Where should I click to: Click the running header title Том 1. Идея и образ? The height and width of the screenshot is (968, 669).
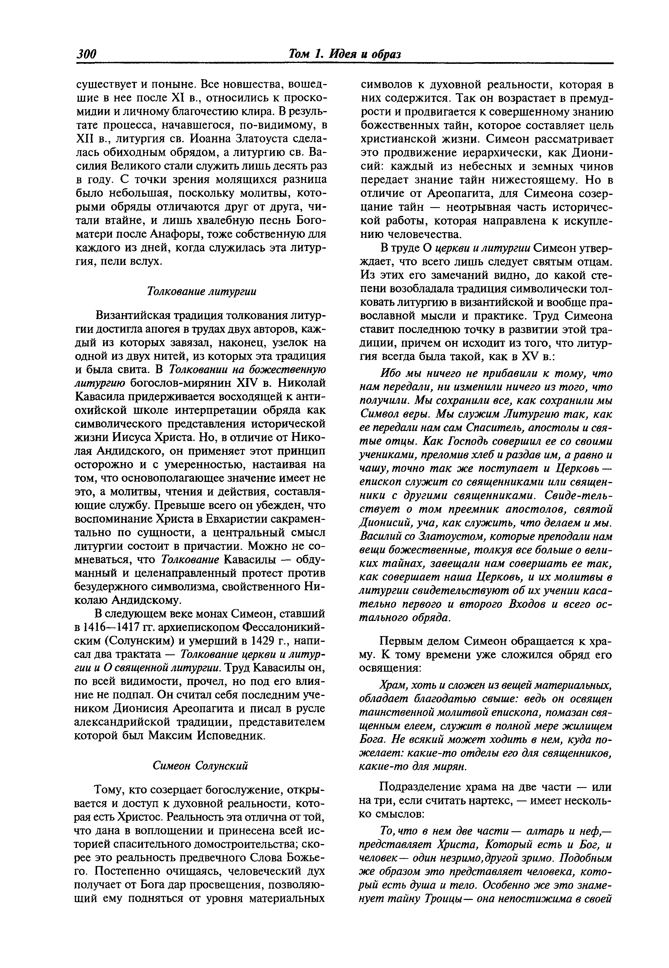(344, 54)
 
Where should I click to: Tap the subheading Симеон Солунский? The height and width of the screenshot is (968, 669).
(200, 765)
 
